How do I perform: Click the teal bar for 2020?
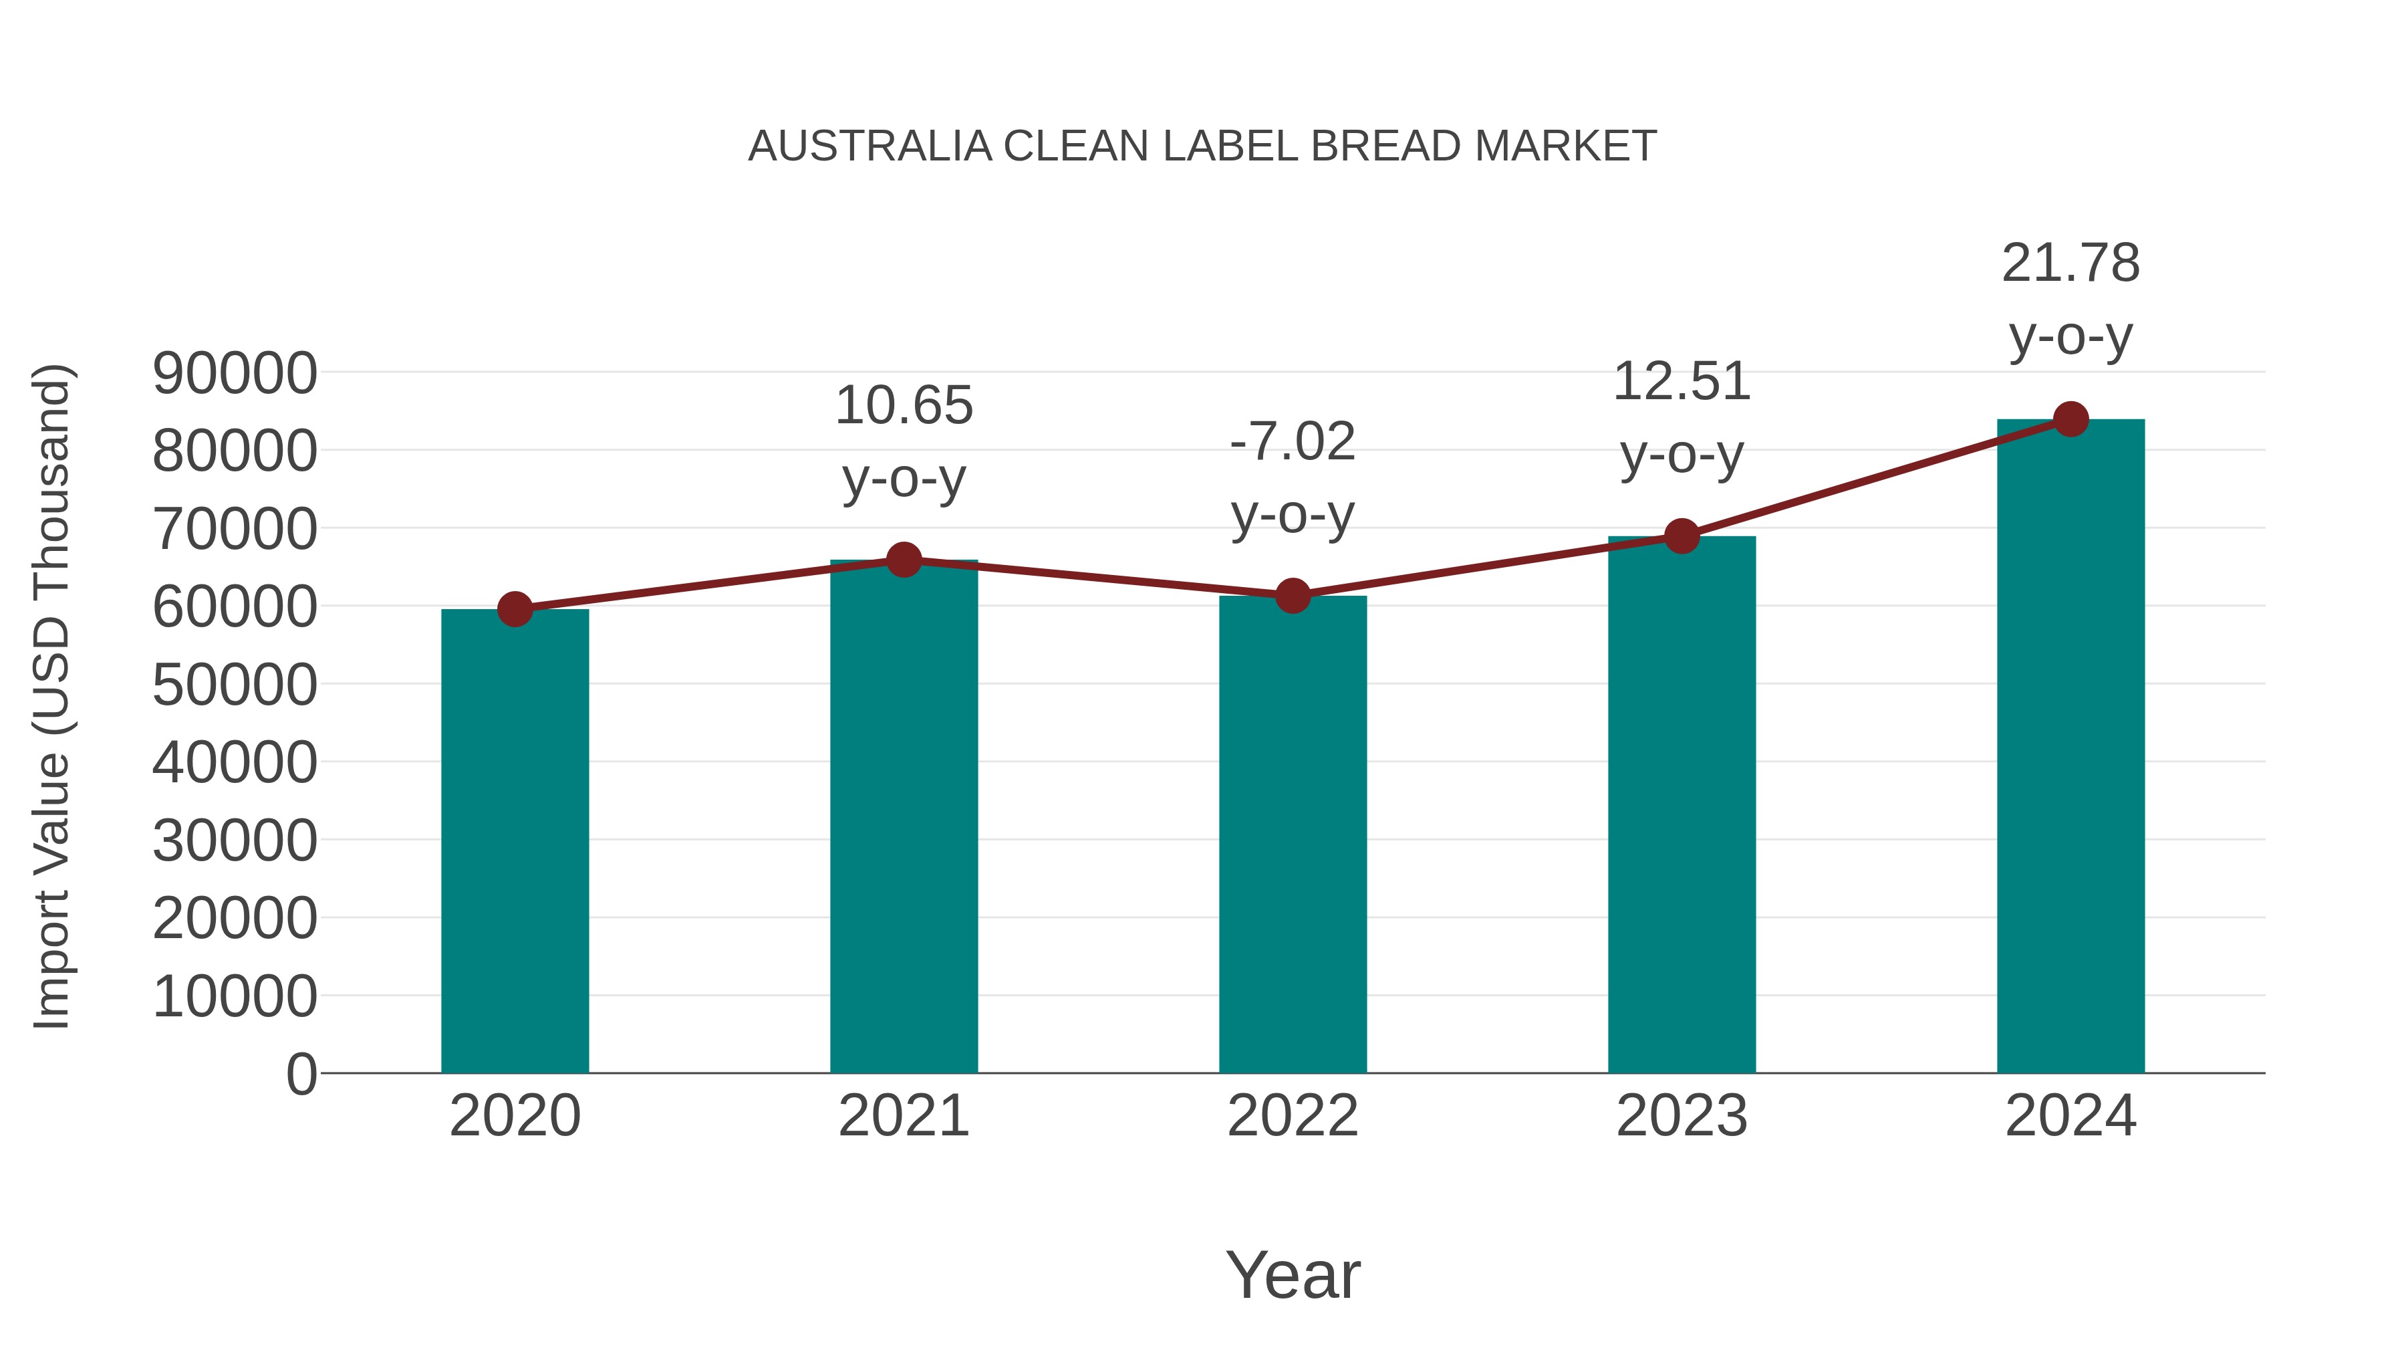point(515,841)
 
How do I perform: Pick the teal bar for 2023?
point(1682,804)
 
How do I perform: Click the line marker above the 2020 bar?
point(515,609)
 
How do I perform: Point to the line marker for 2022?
point(1293,595)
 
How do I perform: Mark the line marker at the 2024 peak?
point(2070,419)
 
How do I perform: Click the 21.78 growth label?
point(2070,263)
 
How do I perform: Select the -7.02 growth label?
point(1293,442)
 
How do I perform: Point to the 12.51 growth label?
point(1682,382)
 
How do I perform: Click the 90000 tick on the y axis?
point(235,374)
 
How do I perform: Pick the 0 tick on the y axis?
point(301,1074)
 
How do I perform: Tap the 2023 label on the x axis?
point(1682,1116)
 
